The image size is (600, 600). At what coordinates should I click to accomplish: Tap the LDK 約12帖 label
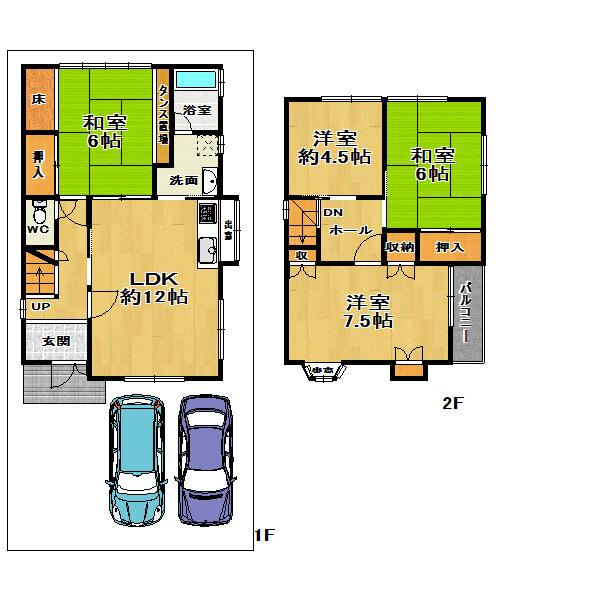pos(152,287)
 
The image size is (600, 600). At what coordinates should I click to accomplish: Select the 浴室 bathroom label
pos(197,110)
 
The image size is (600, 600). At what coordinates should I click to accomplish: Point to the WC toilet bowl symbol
pos(39,214)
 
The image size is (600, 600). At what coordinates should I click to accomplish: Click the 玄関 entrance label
pos(42,341)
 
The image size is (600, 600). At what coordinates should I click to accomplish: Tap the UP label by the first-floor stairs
pos(39,307)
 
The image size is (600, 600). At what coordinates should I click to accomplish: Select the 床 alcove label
pos(38,99)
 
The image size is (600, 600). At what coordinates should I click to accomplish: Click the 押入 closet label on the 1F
pos(38,163)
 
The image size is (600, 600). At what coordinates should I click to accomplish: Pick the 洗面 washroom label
pos(182,181)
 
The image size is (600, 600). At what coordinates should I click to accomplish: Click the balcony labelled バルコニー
pos(466,313)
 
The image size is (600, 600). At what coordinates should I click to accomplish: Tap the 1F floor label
pos(263,535)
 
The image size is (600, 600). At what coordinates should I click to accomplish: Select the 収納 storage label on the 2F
pos(399,247)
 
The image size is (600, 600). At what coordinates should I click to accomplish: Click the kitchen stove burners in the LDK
pos(207,214)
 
